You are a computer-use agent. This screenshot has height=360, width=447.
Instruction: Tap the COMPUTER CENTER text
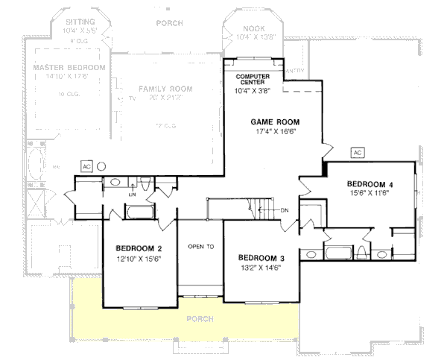pos(252,80)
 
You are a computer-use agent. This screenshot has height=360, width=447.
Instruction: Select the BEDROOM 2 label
pos(139,248)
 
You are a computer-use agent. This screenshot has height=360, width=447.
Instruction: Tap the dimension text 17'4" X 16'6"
pos(276,131)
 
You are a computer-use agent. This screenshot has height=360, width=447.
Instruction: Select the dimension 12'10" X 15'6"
pos(139,258)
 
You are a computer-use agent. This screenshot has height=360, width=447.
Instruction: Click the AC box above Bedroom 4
pos(356,153)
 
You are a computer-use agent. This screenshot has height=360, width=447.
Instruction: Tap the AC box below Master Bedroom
pos(86,165)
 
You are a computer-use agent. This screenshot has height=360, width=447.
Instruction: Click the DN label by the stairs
pos(285,210)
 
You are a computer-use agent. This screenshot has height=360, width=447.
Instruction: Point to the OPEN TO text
pos(200,246)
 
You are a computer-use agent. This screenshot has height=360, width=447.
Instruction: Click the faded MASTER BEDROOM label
pos(69,67)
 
